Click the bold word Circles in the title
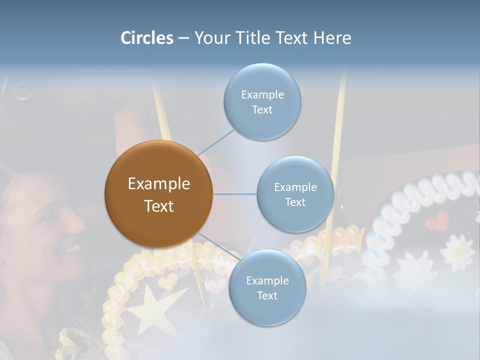[x=147, y=38]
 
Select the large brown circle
[x=158, y=194]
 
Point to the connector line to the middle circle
[x=235, y=194]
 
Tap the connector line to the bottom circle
[x=218, y=246]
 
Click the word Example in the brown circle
[x=158, y=184]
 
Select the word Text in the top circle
[x=262, y=110]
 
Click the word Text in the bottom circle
[x=267, y=296]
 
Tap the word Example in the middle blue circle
[x=295, y=187]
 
